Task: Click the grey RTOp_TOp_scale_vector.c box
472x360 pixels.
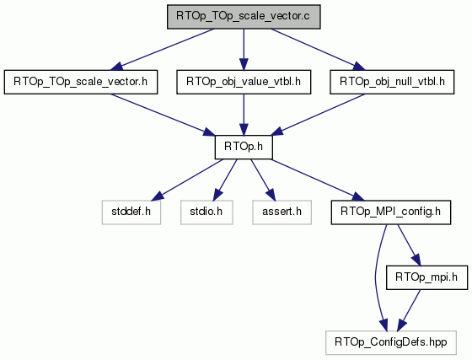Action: point(244,17)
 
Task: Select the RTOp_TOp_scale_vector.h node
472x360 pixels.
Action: point(81,82)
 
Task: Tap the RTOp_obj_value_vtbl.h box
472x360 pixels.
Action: point(244,82)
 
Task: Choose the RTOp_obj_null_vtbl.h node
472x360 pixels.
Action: point(392,82)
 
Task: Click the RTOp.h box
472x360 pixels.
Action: point(244,148)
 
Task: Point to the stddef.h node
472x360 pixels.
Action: point(131,212)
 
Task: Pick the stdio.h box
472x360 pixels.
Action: point(206,212)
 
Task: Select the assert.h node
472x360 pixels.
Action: point(282,212)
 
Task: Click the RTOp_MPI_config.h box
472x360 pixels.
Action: point(391,212)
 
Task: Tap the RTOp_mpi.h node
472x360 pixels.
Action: point(426,277)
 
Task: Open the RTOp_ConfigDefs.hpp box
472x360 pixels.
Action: point(391,343)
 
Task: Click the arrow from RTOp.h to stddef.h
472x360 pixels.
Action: point(187,180)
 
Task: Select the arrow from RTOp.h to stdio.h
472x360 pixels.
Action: point(225,180)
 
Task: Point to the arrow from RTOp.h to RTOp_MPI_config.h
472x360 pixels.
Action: point(318,180)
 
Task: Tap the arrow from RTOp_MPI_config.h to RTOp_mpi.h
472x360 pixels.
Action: point(409,245)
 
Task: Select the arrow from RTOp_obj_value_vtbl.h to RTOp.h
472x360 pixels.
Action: point(244,115)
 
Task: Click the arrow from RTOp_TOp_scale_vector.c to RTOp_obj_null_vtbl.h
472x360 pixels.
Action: point(318,50)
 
